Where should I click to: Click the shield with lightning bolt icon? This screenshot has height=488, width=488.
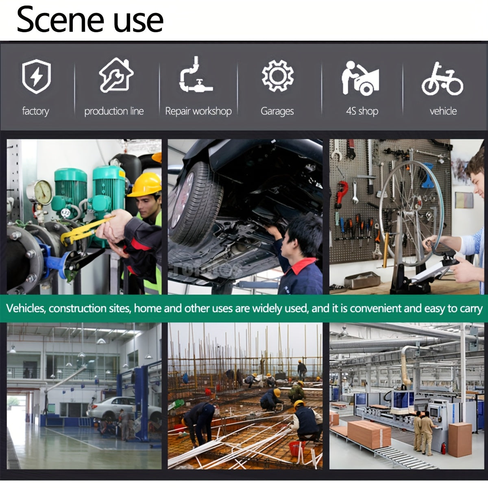[x=37, y=76]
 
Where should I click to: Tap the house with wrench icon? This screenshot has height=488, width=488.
[x=116, y=75]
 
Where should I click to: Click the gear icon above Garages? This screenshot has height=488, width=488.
[x=278, y=76]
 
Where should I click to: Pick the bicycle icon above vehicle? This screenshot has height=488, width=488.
[x=442, y=79]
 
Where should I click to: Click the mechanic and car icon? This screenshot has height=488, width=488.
[x=360, y=78]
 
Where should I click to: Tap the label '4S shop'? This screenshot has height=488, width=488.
[x=362, y=111]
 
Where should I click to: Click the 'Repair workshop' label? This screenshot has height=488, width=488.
[x=198, y=111]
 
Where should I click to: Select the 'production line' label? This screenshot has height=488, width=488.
[x=114, y=111]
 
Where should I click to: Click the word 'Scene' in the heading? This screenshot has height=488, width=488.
[x=61, y=20]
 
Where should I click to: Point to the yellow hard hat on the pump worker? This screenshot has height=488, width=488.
[x=145, y=185]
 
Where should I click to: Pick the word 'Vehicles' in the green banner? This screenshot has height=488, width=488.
[x=26, y=308]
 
